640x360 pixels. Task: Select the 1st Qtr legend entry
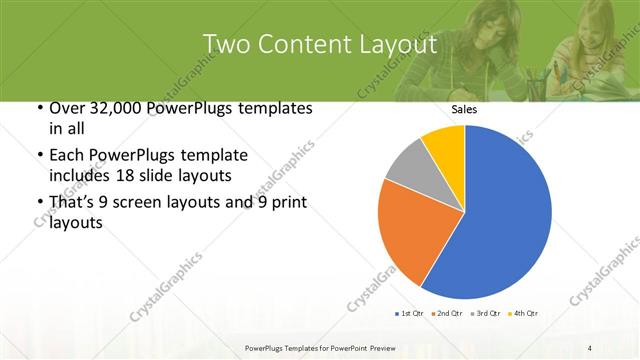click(409, 314)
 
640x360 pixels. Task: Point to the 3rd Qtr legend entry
click(486, 314)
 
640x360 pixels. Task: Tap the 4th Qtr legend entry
click(523, 314)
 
